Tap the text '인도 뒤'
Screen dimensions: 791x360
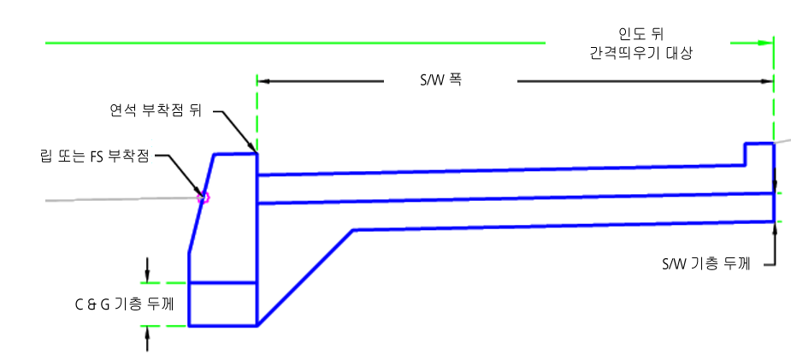pos(640,35)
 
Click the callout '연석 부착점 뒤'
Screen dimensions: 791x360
pos(156,111)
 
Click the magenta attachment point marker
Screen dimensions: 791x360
pos(204,198)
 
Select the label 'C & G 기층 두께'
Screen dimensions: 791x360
pos(124,304)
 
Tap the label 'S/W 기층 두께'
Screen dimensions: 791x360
pos(705,263)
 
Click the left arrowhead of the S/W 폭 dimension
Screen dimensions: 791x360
pos(263,80)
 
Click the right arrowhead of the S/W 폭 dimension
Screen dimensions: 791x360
pos(767,80)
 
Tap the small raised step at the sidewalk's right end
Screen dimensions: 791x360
pos(759,154)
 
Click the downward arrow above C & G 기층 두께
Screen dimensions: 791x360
pos(147,269)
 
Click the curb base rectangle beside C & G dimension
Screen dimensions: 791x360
pos(223,304)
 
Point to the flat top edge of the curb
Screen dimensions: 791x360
pos(235,154)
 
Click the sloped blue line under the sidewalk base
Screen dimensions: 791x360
pos(305,278)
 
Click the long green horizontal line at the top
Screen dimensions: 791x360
pos(296,44)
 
